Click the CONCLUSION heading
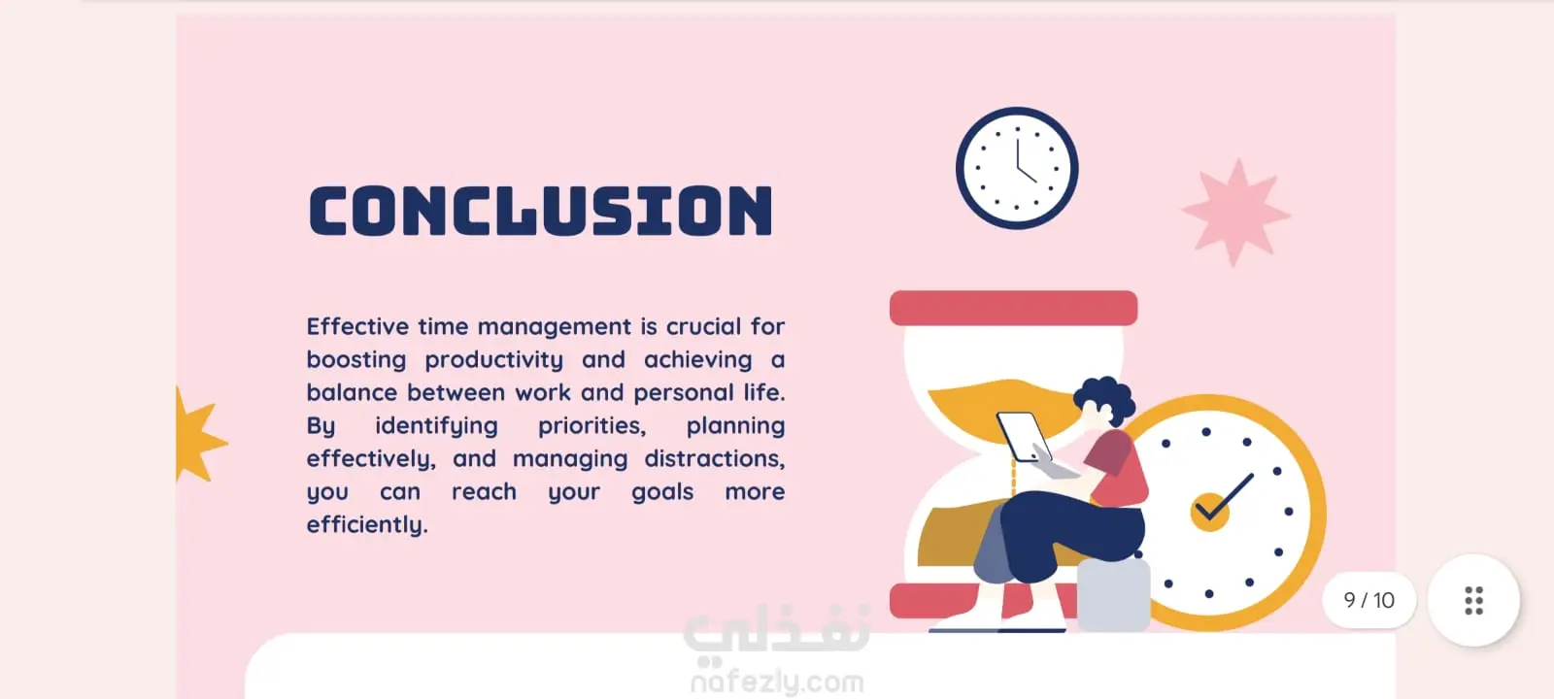[540, 210]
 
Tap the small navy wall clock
[1016, 168]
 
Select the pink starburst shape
[1235, 213]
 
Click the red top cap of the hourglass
[1014, 308]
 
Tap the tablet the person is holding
[1024, 437]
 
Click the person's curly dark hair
[1104, 399]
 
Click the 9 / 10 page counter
[1368, 600]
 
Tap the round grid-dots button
[1473, 601]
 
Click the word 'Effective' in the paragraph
[358, 326]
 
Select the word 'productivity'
[494, 360]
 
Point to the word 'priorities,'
[591, 426]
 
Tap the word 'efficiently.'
[367, 525]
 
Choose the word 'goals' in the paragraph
[662, 492]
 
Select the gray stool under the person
[1113, 595]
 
